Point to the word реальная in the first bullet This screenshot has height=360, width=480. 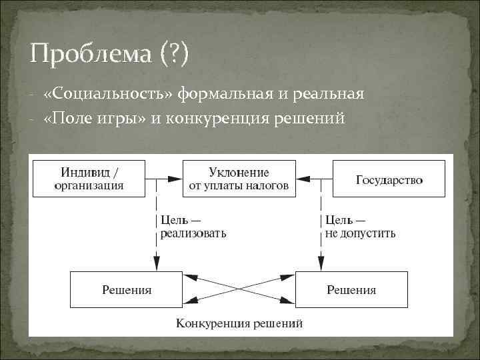[x=328, y=95]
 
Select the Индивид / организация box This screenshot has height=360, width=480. [x=89, y=179]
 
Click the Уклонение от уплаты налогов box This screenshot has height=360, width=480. [x=239, y=179]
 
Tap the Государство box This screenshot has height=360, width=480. [x=389, y=179]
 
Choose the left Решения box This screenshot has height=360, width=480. [x=127, y=289]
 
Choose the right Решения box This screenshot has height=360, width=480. [x=351, y=289]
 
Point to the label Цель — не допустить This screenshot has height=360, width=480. [x=360, y=226]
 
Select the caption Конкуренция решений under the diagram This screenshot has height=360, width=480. [x=239, y=324]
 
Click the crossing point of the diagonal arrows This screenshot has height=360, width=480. [x=239, y=289]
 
